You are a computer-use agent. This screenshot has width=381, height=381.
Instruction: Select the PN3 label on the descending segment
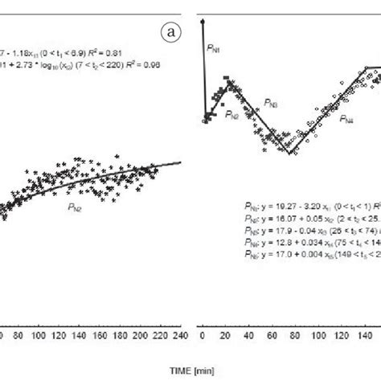click(x=272, y=104)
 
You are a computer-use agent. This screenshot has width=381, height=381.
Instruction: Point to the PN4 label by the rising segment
click(x=346, y=118)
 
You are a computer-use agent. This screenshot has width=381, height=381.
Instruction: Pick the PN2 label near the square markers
click(x=231, y=115)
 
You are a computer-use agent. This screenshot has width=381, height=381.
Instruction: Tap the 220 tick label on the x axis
click(x=166, y=337)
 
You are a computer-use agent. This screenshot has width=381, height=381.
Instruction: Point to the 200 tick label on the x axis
click(x=149, y=337)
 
